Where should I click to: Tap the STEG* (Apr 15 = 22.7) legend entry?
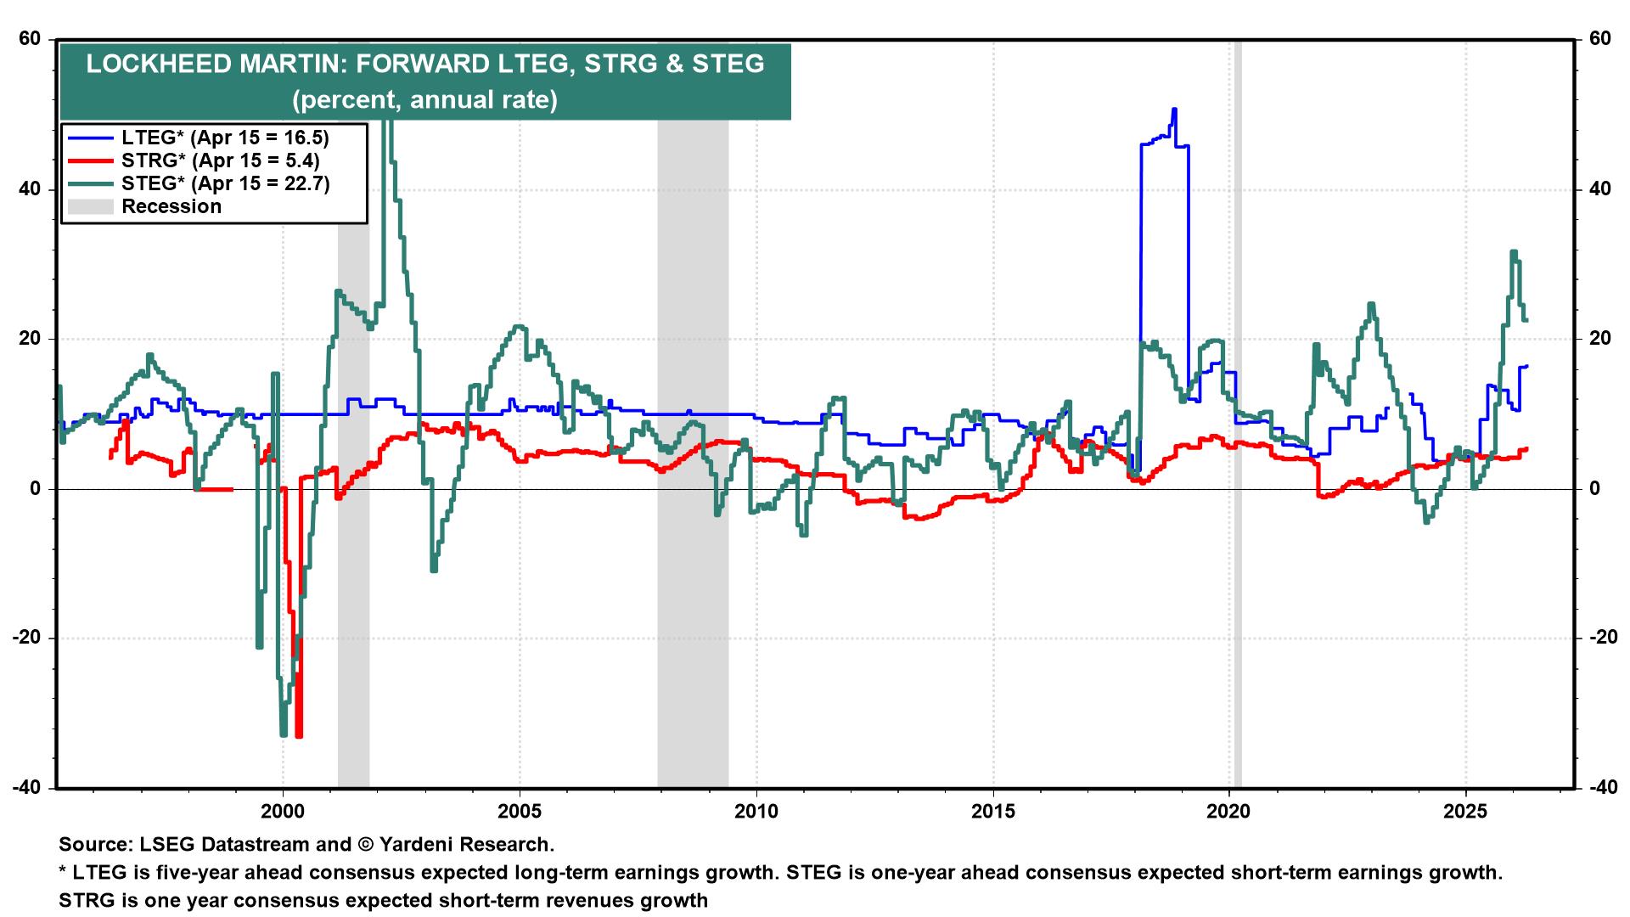225,183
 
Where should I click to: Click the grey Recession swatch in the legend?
90,206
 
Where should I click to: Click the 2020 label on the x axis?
1229,812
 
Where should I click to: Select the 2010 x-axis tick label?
756,812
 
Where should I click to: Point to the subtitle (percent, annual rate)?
424,100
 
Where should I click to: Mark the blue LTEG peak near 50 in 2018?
1173,110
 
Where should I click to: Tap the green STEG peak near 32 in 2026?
1513,252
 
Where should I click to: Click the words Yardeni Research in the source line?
466,845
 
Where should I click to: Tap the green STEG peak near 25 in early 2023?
1370,304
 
